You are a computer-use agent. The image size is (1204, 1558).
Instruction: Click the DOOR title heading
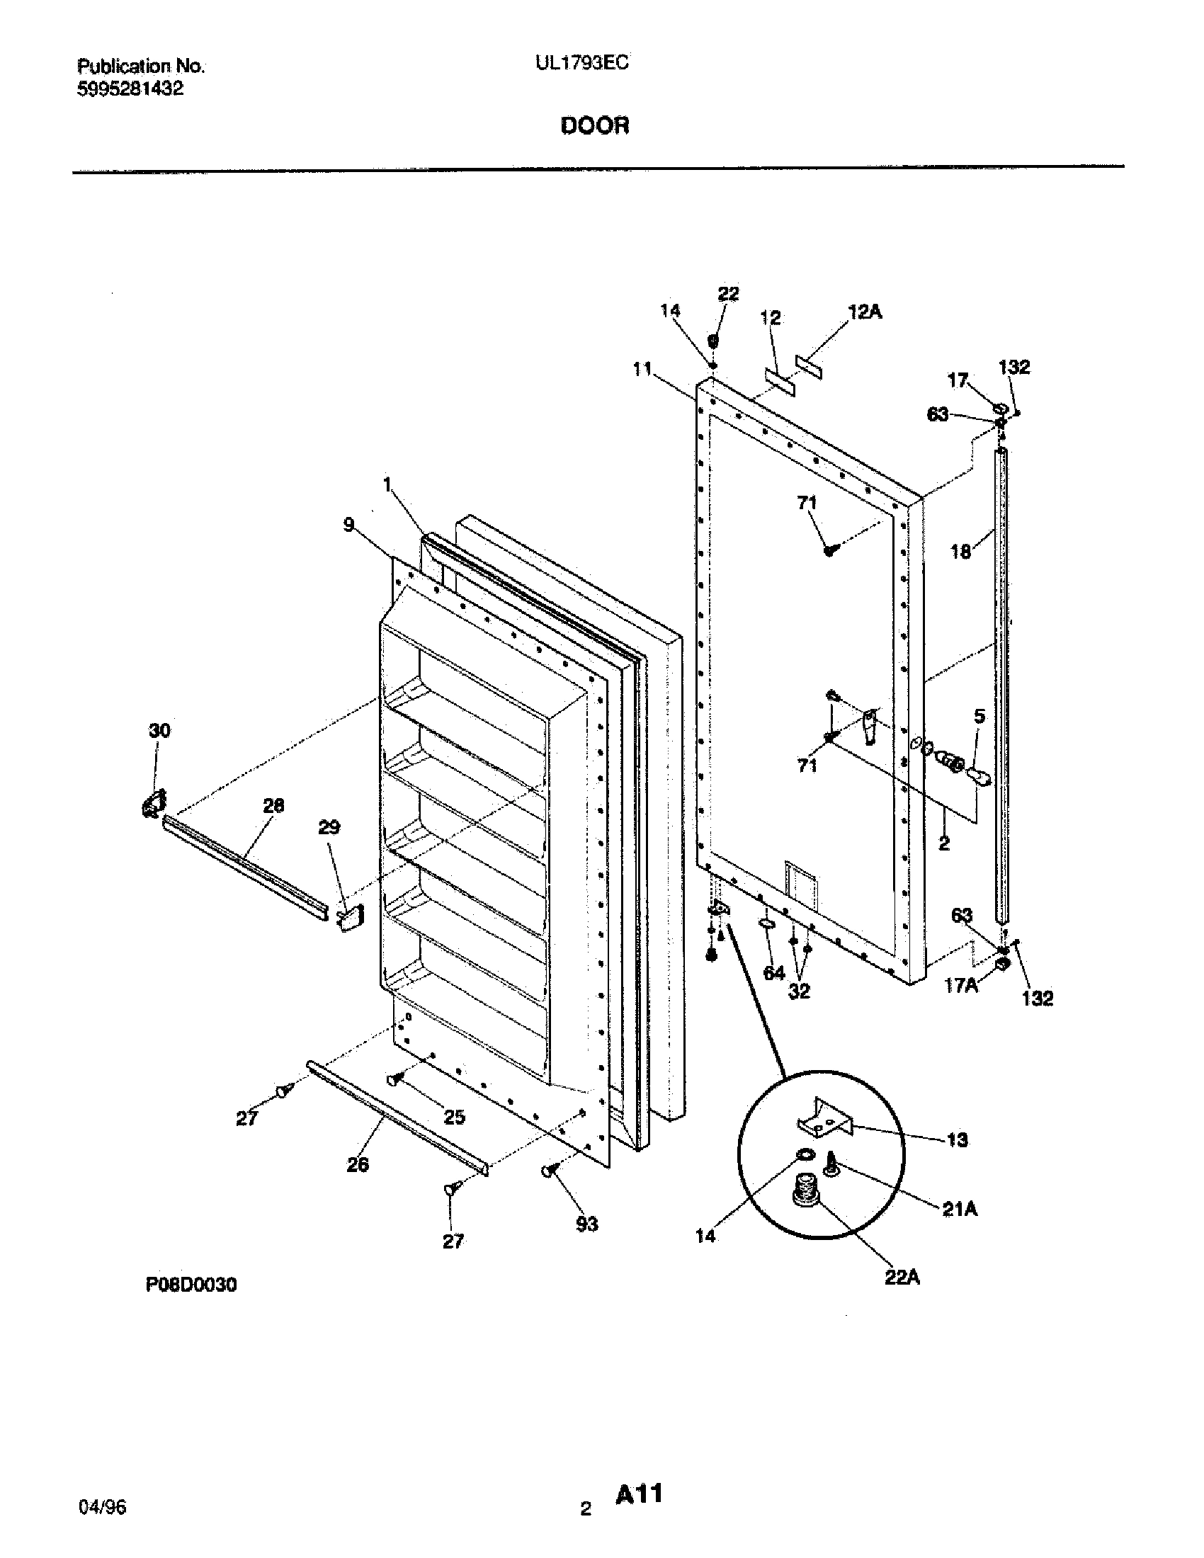tap(594, 125)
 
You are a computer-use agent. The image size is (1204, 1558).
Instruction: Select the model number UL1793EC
tap(582, 64)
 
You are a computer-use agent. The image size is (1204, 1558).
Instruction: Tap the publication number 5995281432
tap(130, 89)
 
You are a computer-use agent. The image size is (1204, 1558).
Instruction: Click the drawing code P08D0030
tap(191, 1285)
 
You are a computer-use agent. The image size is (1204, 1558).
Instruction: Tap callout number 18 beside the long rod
tap(961, 552)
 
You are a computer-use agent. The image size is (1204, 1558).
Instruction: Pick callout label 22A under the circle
tap(902, 1278)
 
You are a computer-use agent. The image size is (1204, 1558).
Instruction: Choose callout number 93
tap(586, 1224)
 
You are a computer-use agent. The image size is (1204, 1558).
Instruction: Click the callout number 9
tap(348, 525)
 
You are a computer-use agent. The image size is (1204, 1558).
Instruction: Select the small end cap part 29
tap(349, 918)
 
